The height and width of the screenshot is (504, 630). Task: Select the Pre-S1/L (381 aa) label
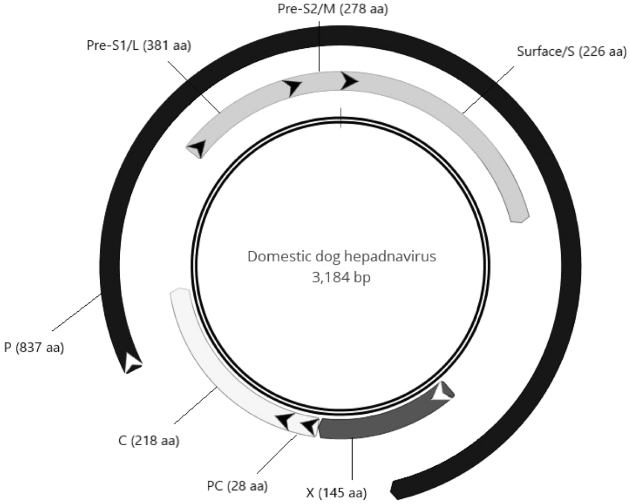click(x=139, y=46)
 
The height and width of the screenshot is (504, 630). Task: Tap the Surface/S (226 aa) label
click(x=571, y=51)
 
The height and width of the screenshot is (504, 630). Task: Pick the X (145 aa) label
click(x=336, y=493)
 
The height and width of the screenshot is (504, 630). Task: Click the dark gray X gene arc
click(x=378, y=423)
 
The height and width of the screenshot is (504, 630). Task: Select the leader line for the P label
click(x=77, y=313)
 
